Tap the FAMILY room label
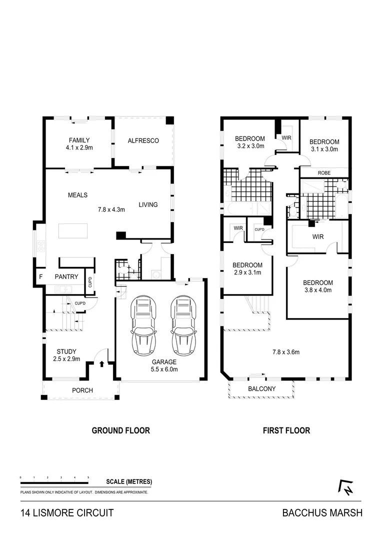point(79,140)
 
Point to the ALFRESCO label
point(143,140)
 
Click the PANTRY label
point(66,276)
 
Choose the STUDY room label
point(66,351)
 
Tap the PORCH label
point(82,390)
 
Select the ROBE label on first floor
point(324,173)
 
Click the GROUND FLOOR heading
point(120,430)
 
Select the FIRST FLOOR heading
point(286,430)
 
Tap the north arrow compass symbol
point(344,487)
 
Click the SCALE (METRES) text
point(129,482)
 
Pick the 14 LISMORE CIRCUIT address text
point(66,513)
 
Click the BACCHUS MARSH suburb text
point(322,513)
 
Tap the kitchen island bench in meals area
point(72,231)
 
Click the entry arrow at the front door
point(102,363)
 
